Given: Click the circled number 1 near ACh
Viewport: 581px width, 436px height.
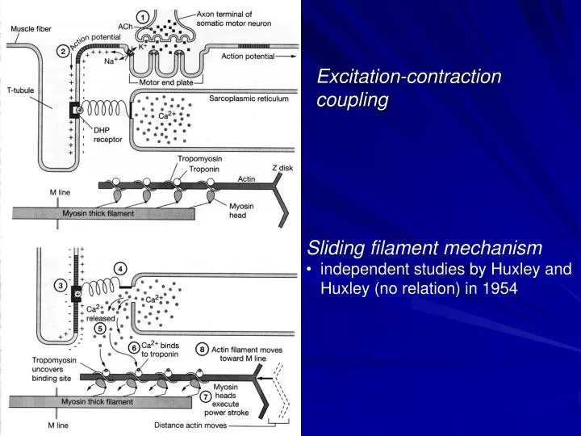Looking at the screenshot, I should (x=143, y=17).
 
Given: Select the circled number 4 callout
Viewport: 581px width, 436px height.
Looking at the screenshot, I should (x=120, y=268).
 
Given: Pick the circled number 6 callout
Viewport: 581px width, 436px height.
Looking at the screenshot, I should (x=135, y=347).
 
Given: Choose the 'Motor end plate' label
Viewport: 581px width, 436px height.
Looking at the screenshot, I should (x=165, y=82).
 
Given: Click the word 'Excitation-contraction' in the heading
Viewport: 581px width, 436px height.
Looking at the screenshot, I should (x=409, y=77).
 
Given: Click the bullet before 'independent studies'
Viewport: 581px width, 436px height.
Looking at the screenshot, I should (x=311, y=269).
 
